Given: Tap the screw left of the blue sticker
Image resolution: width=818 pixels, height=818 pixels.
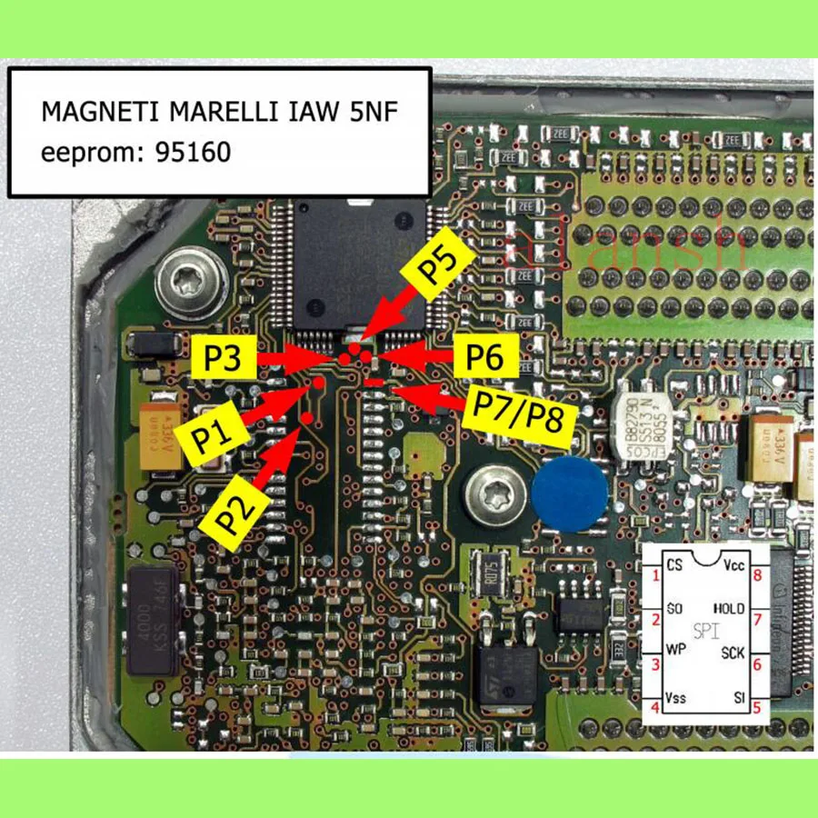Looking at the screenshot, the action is pos(491,496).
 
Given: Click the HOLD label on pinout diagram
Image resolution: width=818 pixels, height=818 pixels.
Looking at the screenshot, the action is pos(729,608).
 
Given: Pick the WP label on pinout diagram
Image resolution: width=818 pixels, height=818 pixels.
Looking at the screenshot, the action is pos(675,652).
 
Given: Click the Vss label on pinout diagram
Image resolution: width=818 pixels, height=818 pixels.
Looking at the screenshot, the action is pos(677,697).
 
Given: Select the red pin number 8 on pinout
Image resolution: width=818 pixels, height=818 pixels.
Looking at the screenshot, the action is pos(756,575).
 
